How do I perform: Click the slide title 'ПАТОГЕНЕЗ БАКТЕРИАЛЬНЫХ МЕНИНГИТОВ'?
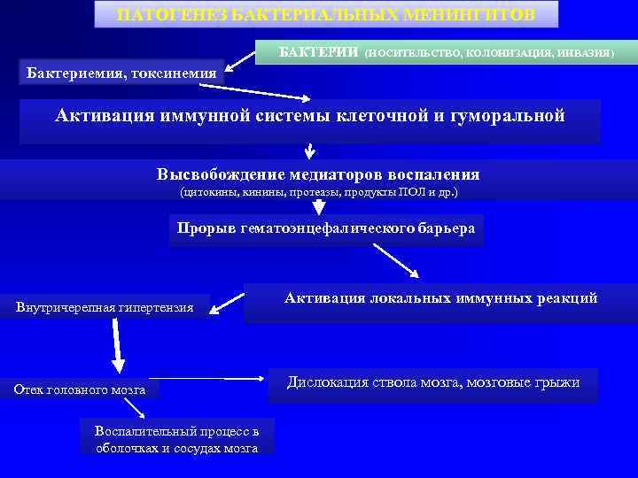click(x=326, y=14)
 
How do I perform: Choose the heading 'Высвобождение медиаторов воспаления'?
click(x=318, y=174)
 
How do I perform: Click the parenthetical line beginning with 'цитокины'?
click(x=318, y=191)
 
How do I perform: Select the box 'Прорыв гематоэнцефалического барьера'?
click(x=325, y=228)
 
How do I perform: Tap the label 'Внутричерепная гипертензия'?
click(x=105, y=307)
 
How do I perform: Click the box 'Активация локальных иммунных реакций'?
click(x=440, y=299)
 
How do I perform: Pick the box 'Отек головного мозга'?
click(x=80, y=389)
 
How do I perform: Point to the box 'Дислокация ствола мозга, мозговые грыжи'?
click(x=433, y=382)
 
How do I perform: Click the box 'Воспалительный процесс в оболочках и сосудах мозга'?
click(x=177, y=440)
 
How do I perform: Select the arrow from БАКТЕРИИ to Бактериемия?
click(x=240, y=61)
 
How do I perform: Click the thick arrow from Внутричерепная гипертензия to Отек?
click(x=116, y=346)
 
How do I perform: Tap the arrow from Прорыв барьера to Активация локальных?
click(x=396, y=262)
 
